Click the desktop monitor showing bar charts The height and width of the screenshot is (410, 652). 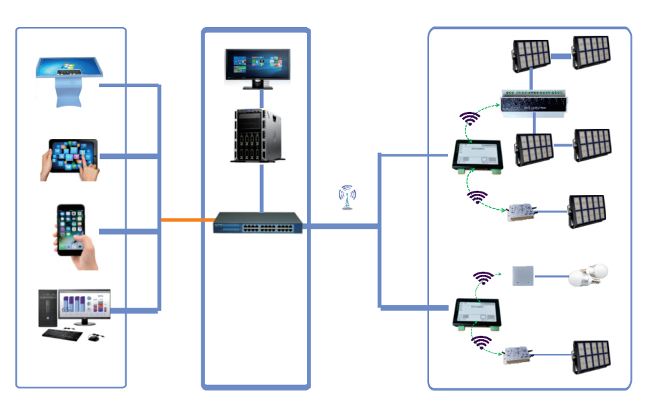point(84,305)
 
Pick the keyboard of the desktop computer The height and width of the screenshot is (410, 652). point(65,334)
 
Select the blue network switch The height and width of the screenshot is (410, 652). point(258,223)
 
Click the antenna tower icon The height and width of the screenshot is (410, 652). point(347,197)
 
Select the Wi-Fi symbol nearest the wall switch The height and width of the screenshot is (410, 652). point(483,277)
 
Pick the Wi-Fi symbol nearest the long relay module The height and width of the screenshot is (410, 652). point(470,119)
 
